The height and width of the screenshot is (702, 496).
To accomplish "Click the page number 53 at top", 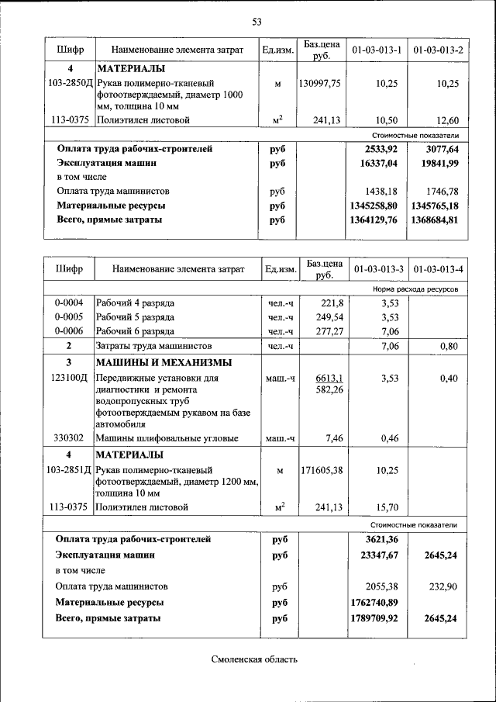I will point(257,20).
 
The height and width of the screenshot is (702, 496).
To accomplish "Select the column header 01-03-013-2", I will point(438,50).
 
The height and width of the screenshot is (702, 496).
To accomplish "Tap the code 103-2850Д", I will point(70,83).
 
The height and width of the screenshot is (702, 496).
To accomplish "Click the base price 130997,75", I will point(319,83).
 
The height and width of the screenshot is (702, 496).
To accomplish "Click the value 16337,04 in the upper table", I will point(376,164).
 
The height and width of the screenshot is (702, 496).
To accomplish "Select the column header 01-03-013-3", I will point(378,269).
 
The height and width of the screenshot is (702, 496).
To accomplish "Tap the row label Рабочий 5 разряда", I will point(135,317).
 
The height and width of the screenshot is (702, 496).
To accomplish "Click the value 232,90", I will point(444,586).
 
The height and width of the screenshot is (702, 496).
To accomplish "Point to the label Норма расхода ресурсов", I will point(415,289).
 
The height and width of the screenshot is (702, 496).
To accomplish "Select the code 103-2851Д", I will point(70,470).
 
